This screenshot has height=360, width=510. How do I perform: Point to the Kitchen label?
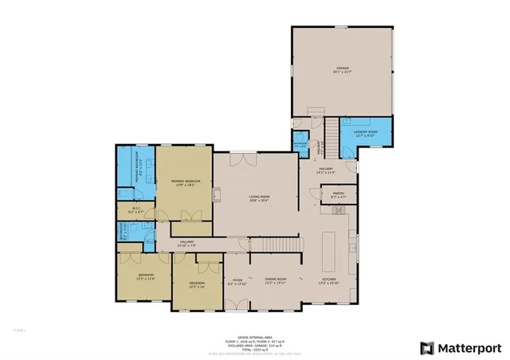click(x=329, y=280)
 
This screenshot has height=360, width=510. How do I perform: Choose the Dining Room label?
click(x=276, y=280)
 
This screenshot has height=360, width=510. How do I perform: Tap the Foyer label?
click(x=237, y=280)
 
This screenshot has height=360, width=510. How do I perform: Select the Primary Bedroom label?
click(x=185, y=182)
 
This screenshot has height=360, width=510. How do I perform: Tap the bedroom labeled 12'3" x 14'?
click(x=197, y=284)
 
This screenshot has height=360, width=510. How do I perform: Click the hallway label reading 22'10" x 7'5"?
click(x=187, y=242)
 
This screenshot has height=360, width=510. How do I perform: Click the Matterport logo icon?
click(x=428, y=346)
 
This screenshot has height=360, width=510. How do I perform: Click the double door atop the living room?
click(x=249, y=159)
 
